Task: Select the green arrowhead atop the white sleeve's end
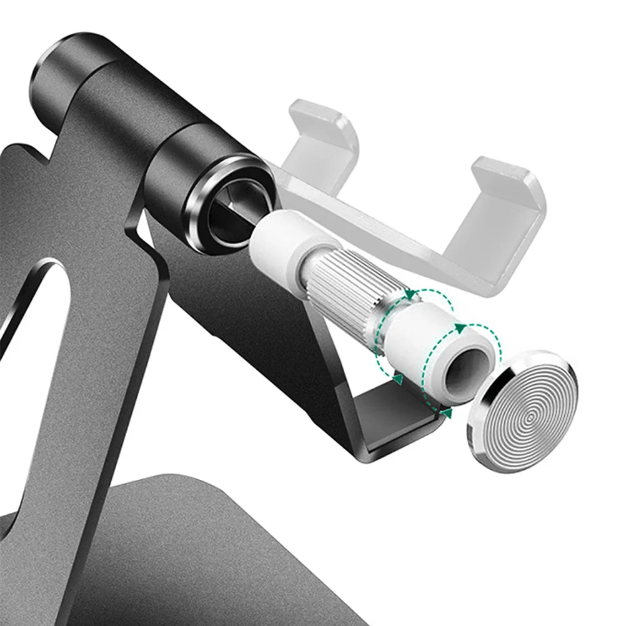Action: tap(460, 327)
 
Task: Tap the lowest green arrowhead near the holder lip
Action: tap(445, 413)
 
